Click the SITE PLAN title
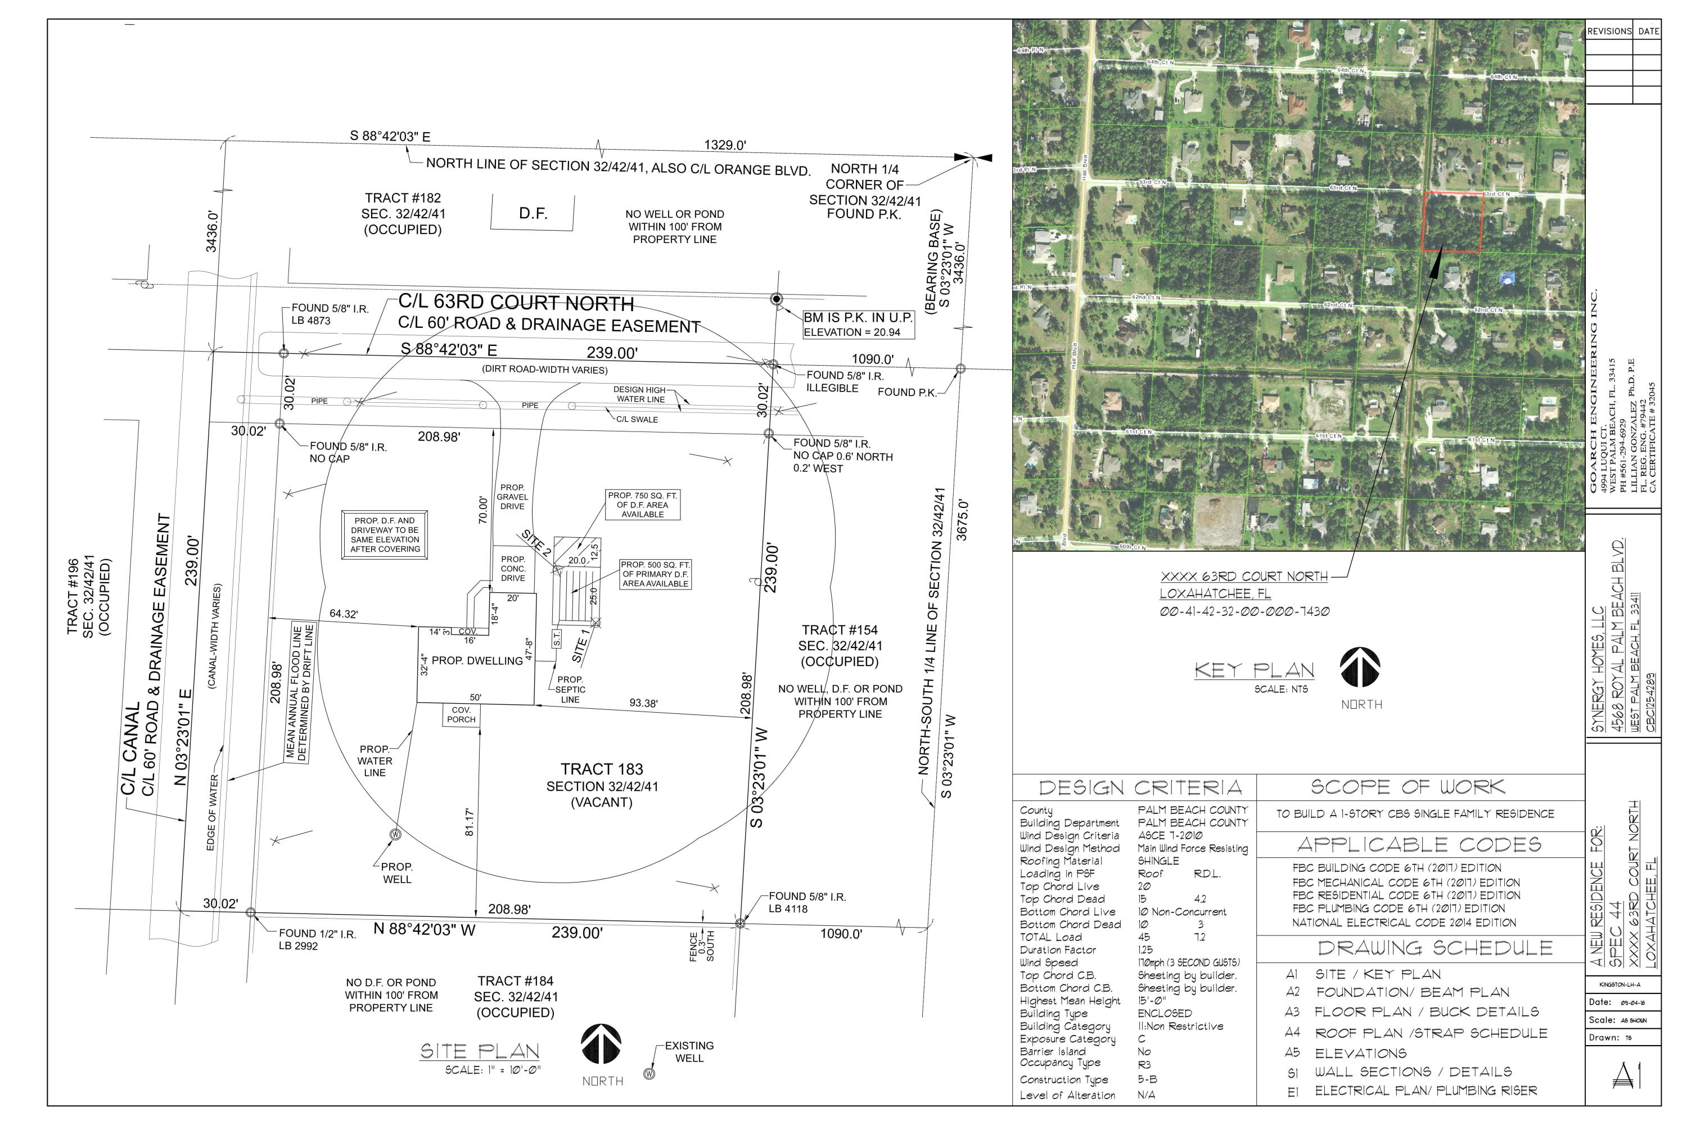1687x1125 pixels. click(479, 1051)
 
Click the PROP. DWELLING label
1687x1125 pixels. click(477, 661)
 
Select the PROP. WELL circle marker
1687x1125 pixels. click(395, 834)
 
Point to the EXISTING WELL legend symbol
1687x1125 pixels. click(649, 1074)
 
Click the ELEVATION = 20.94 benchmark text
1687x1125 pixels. click(851, 332)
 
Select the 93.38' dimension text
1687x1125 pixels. click(643, 703)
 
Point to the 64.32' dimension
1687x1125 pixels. click(344, 614)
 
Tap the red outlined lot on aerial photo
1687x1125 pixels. click(1452, 222)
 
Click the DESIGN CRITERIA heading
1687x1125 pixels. click(1140, 788)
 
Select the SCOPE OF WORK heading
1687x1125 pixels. click(1408, 786)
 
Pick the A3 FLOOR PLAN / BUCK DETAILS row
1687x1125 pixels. click(1413, 1011)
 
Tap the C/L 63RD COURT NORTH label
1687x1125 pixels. click(516, 303)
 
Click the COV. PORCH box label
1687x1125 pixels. click(461, 714)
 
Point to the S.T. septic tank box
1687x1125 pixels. click(557, 638)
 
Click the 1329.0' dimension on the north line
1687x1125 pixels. click(724, 145)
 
